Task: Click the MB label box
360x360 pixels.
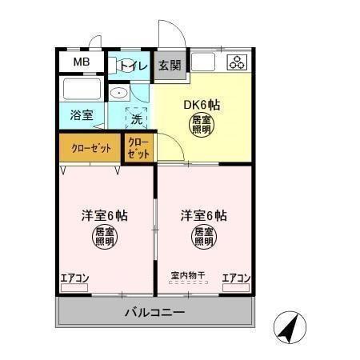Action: [81, 62]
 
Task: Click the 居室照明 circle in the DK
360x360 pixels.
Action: [201, 125]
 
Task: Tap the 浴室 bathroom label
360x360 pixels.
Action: [81, 114]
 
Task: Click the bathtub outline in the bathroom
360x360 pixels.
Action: [82, 88]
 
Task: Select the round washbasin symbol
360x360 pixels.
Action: [120, 92]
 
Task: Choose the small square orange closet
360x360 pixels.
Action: [139, 148]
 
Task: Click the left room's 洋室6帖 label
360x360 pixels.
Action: [105, 216]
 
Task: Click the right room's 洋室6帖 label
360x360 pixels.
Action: [202, 216]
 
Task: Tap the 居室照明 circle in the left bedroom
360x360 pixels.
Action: [105, 237]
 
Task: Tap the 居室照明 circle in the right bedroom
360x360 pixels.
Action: [202, 237]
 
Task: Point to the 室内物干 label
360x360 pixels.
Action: [188, 276]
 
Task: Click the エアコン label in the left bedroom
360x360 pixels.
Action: [75, 278]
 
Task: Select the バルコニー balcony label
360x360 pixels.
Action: [154, 311]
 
